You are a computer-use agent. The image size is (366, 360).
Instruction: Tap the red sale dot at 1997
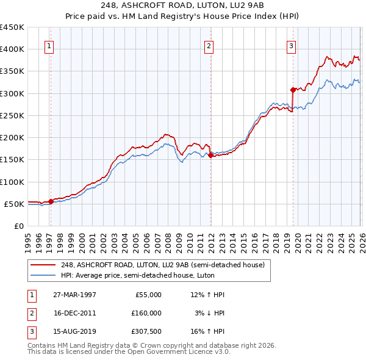pyautogui.click(x=51, y=201)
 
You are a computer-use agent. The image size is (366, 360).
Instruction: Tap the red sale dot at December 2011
pyautogui.click(x=210, y=155)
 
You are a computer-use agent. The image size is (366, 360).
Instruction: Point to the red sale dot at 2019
pyautogui.click(x=293, y=90)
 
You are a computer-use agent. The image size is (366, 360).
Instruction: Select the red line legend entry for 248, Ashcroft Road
pyautogui.click(x=162, y=265)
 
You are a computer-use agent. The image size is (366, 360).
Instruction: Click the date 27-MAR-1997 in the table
pyautogui.click(x=74, y=295)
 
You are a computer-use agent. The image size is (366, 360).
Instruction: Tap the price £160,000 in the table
pyautogui.click(x=146, y=313)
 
